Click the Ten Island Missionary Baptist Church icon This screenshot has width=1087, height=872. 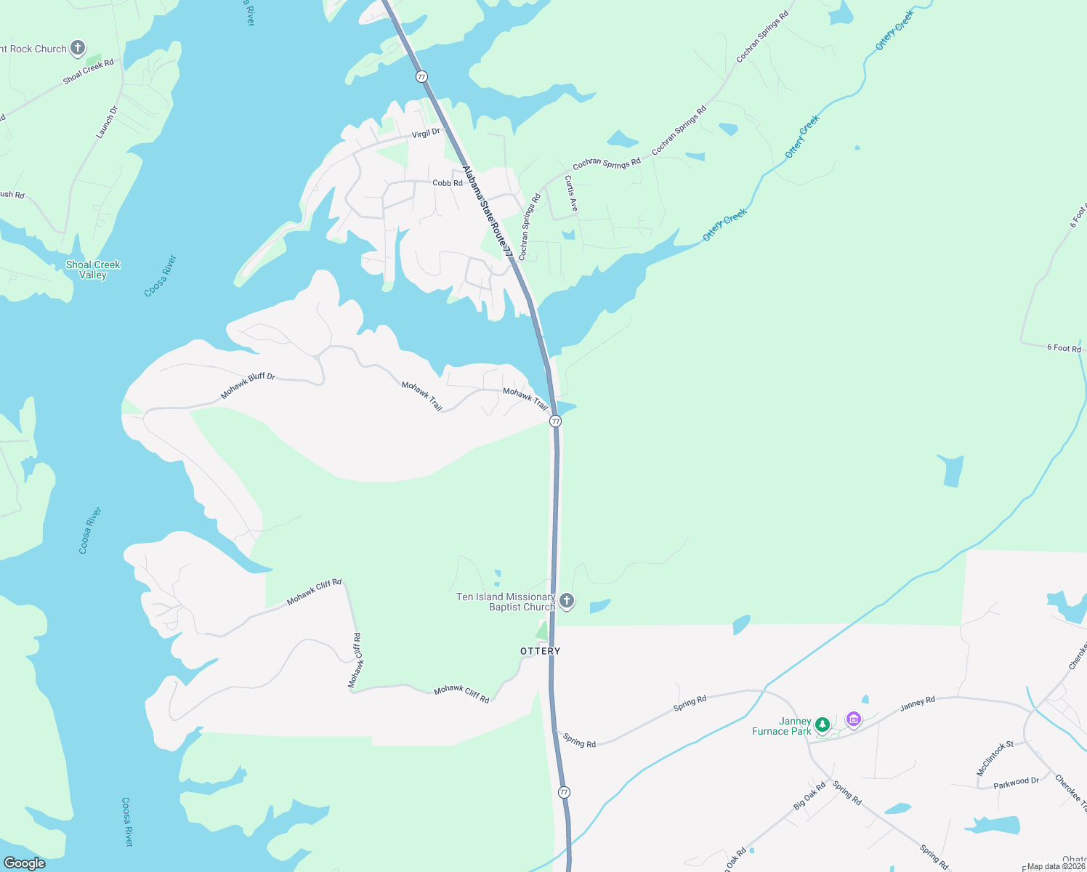click(x=567, y=601)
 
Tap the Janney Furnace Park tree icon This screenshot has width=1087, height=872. click(x=823, y=724)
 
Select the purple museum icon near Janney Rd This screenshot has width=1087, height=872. click(x=854, y=719)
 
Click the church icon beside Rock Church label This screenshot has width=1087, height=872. click(x=78, y=49)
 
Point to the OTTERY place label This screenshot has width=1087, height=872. click(x=541, y=651)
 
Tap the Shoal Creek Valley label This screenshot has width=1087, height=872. click(x=93, y=270)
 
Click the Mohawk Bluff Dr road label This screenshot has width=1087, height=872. click(x=248, y=386)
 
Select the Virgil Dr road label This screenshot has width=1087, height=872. click(x=426, y=134)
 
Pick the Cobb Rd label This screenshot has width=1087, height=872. click(x=448, y=183)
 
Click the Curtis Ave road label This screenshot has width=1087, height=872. click(x=571, y=194)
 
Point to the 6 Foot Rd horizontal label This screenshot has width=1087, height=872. click(x=1064, y=348)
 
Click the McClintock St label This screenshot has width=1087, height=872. click(x=995, y=759)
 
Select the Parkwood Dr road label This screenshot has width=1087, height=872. click(x=1016, y=782)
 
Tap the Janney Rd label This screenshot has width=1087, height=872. click(x=917, y=703)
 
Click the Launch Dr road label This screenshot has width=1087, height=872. click(x=106, y=123)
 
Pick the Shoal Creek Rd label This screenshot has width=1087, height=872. click(x=89, y=71)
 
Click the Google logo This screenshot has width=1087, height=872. click(x=25, y=863)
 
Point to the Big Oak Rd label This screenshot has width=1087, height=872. click(x=809, y=796)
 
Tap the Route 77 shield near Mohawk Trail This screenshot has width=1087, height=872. click(x=556, y=421)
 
